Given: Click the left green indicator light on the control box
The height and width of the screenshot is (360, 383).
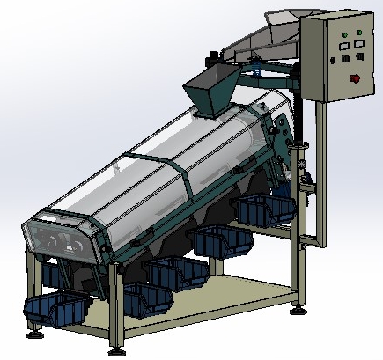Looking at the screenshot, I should [x=345, y=38].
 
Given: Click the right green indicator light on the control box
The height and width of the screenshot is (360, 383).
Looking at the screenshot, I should [x=358, y=36].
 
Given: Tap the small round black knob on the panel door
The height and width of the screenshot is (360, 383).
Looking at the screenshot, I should [x=334, y=61].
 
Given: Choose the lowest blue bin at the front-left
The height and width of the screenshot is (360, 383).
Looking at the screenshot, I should [x=55, y=308].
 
